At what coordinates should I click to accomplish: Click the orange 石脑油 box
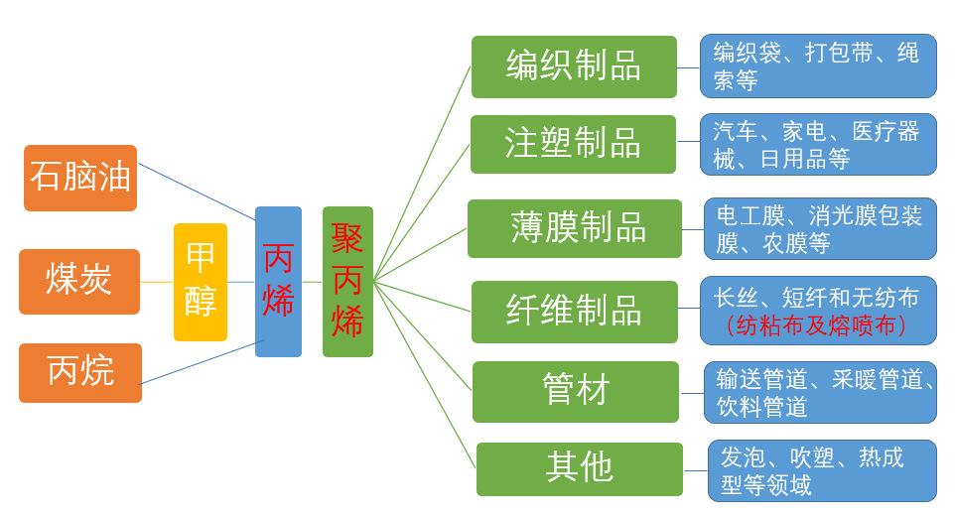click(80, 178)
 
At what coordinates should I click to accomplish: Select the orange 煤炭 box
click(79, 282)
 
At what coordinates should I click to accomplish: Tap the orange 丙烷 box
click(80, 372)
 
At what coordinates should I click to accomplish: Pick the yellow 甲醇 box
click(201, 282)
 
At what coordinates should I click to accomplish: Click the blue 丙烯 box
click(278, 282)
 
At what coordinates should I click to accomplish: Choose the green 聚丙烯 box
click(347, 282)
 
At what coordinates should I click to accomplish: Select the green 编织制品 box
click(574, 66)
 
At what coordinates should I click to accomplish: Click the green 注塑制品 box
click(573, 144)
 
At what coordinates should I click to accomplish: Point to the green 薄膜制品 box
click(575, 228)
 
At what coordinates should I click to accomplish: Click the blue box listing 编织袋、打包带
click(818, 66)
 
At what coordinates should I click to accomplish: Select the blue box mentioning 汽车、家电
click(818, 144)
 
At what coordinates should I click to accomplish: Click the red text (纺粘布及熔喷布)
click(816, 325)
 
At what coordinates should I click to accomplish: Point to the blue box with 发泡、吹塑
click(822, 470)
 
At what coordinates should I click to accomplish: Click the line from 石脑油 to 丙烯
click(197, 192)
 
